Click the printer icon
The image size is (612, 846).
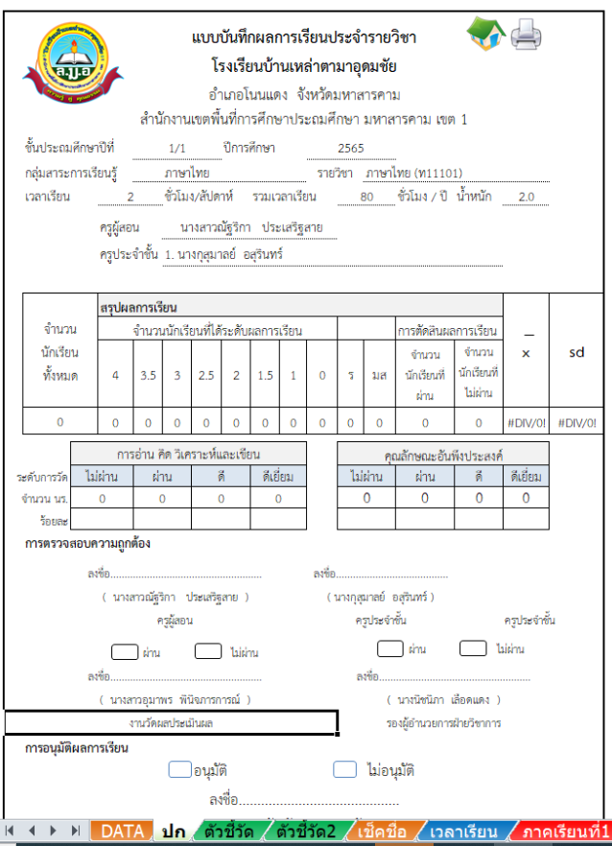[527, 35]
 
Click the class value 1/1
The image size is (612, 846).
[177, 148]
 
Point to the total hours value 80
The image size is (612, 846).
[365, 198]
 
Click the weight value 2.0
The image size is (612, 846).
[525, 198]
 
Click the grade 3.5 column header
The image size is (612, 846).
[148, 375]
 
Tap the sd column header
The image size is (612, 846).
[577, 352]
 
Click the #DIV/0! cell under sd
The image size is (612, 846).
[577, 422]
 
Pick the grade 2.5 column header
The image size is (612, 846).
[206, 375]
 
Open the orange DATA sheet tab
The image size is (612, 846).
[122, 832]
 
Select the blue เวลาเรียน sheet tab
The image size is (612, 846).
[463, 832]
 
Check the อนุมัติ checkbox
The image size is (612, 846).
[179, 769]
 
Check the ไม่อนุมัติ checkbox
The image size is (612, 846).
[344, 769]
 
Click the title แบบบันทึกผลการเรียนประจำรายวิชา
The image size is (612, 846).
[304, 38]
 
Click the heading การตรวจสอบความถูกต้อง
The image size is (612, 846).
[87, 544]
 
